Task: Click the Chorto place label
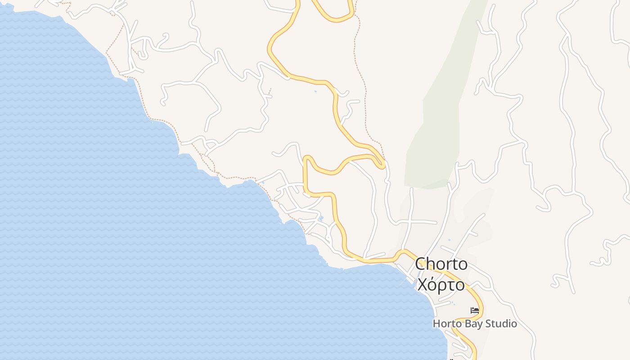point(441,264)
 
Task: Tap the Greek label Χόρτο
point(441,285)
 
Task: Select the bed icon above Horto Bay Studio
point(475,310)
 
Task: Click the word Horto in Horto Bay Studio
point(445,324)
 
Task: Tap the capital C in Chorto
point(420,264)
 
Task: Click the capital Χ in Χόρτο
point(422,285)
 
